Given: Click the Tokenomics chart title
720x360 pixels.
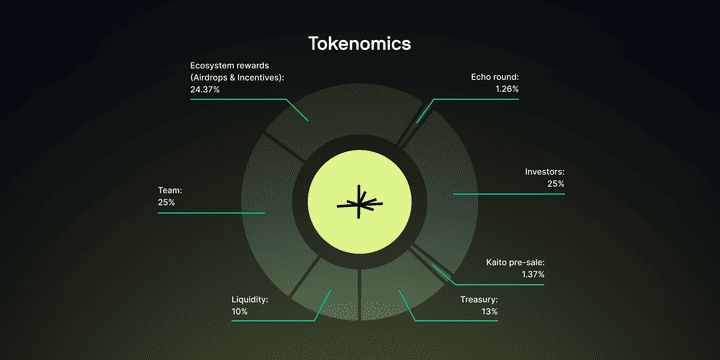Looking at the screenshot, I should point(359,44).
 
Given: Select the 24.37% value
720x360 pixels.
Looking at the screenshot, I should point(207,89).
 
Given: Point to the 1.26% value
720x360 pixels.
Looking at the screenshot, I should point(506,89).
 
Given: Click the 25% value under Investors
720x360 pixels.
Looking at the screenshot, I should point(555,184).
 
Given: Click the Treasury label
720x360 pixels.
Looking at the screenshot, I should point(479,299).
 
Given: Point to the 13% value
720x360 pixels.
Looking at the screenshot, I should point(488,312).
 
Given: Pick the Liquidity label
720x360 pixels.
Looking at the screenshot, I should point(250,299).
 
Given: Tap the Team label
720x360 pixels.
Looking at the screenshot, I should point(169,189).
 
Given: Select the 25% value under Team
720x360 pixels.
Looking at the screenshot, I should point(166,202).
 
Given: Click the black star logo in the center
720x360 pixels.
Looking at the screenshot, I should point(359,203).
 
